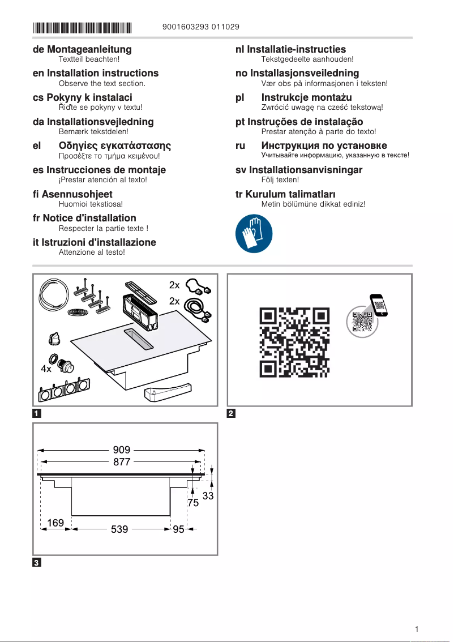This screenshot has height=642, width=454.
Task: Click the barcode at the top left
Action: coord(82,27)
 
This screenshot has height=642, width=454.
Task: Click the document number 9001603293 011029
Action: coord(200,27)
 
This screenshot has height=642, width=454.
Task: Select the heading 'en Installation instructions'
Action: coord(96,73)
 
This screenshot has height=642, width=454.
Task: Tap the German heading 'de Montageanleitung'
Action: coord(82,49)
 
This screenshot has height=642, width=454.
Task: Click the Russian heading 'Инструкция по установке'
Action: coord(324,145)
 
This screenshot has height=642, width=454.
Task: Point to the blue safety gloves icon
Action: coord(254,234)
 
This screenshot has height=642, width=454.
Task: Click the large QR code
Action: coord(294,342)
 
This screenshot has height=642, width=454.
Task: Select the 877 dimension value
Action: coord(121,462)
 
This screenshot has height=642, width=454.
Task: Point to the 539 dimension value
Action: coord(119,530)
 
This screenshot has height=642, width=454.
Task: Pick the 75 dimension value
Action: coord(194,503)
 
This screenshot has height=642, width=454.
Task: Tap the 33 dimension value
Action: coord(208,496)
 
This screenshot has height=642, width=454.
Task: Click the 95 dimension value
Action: coord(179,530)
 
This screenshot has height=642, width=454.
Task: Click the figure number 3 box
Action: coord(36,562)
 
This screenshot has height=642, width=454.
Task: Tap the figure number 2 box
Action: coord(231,413)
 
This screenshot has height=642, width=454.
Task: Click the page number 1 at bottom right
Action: coord(417,629)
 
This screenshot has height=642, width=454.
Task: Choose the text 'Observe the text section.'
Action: coord(102,83)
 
